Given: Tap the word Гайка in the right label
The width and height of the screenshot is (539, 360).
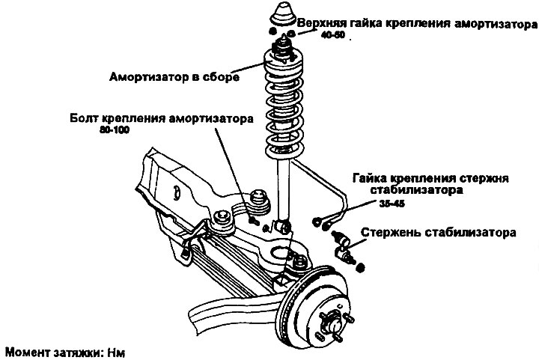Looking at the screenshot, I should [369, 178].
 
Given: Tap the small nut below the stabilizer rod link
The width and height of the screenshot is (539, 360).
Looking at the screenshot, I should [360, 267].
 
